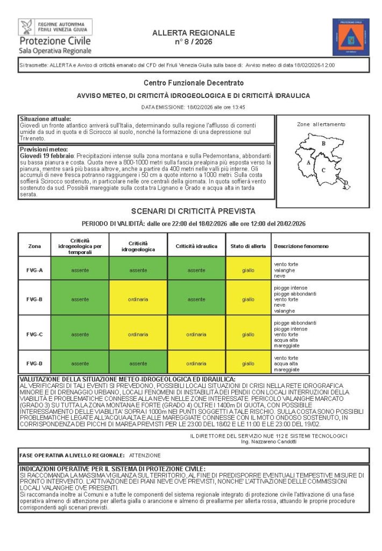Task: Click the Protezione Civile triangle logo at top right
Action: pos(350,37)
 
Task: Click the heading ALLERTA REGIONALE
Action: pos(194,33)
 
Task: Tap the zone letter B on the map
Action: pos(323,144)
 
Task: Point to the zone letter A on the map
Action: pos(308,161)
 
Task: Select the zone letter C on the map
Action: pos(323,170)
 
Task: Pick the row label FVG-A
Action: pos(34,270)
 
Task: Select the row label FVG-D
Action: pos(34,363)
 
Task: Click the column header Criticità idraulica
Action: pos(196,246)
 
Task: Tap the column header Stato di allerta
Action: pos(248,246)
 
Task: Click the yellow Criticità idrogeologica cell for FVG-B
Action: pos(138,299)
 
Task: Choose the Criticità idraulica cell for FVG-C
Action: pos(196,334)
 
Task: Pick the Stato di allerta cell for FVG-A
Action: pos(248,270)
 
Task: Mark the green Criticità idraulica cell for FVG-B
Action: pos(196,299)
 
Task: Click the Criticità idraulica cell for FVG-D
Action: pos(196,363)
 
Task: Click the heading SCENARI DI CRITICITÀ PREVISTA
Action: pos(193,211)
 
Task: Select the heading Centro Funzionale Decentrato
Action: pos(194,83)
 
